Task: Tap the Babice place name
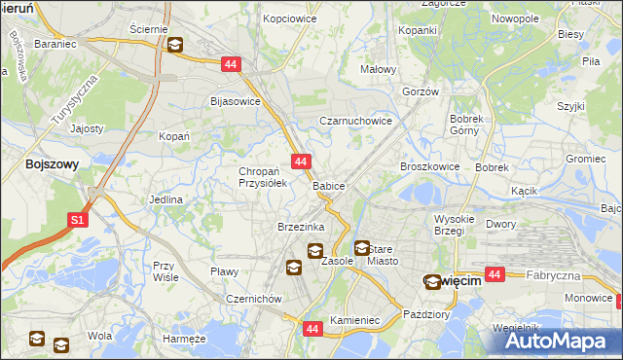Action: (328, 185)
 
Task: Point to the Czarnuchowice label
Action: (356, 122)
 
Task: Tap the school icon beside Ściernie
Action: (175, 45)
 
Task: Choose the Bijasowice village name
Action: (236, 100)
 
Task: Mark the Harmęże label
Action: (184, 339)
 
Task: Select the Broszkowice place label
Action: (429, 166)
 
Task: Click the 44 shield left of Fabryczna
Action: (495, 275)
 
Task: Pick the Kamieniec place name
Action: (353, 319)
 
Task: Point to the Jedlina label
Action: (165, 199)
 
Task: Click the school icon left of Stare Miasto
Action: (362, 249)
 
